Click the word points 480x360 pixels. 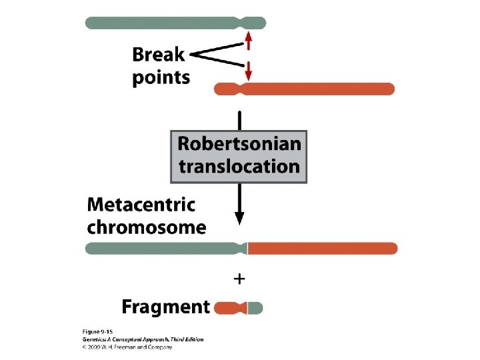[161, 77]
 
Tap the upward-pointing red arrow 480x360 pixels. [248, 41]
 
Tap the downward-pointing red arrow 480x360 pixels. [248, 70]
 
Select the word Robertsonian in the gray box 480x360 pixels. [239, 144]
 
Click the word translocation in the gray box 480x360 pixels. [239, 166]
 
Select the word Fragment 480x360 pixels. [165, 307]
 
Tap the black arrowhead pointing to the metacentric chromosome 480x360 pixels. [239, 218]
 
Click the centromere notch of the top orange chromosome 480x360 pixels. [242, 89]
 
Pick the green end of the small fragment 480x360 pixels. [255, 308]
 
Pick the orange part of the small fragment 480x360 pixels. [227, 308]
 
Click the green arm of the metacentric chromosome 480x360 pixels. [160, 249]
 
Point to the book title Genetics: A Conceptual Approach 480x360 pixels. [127, 339]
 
